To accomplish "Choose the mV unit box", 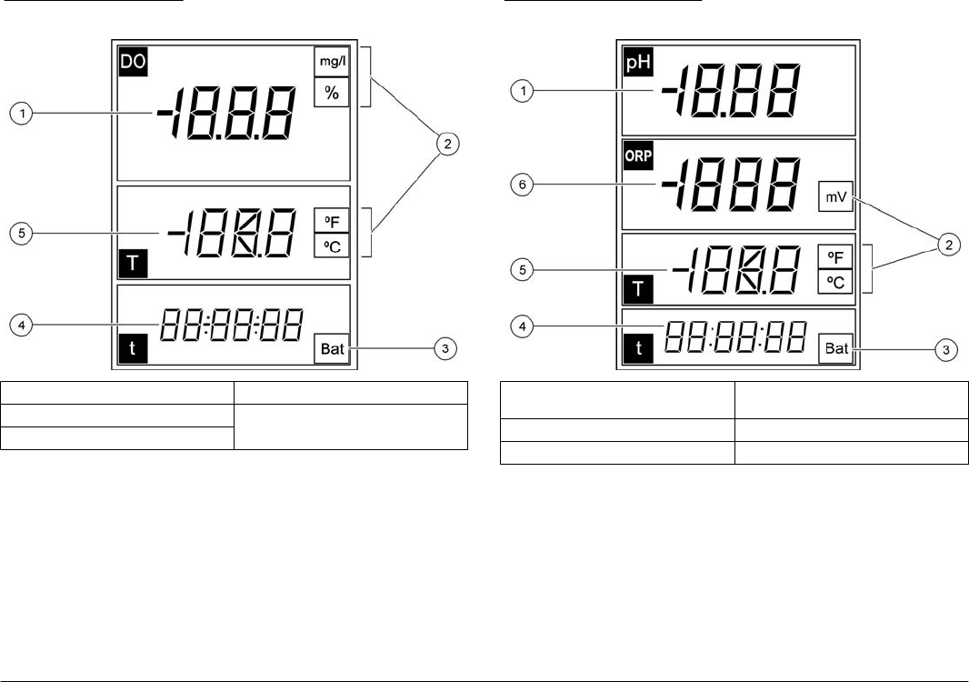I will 834,195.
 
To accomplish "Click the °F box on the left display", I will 331,219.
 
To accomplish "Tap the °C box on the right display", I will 834,282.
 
